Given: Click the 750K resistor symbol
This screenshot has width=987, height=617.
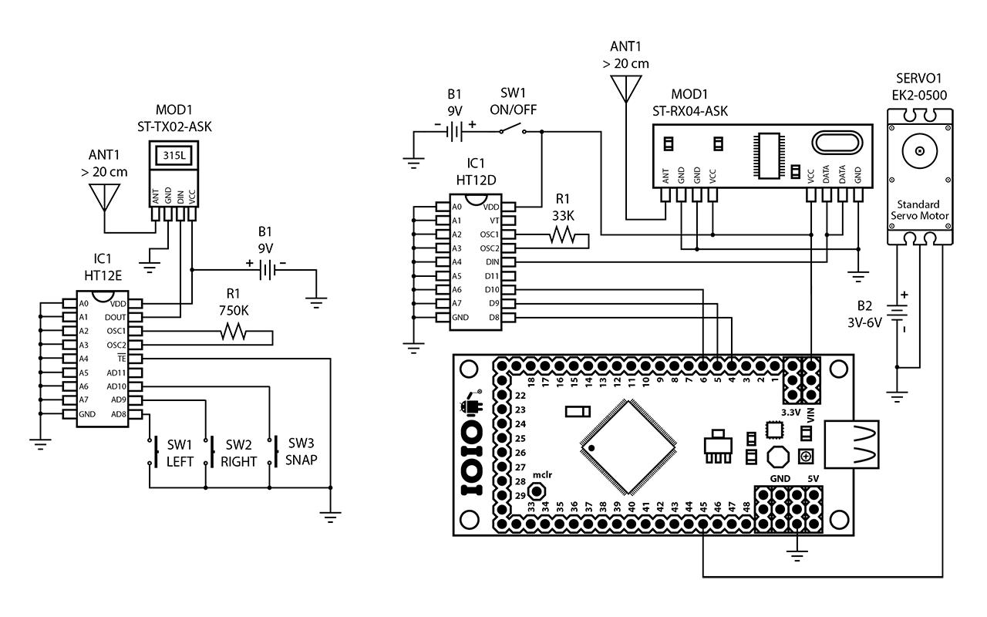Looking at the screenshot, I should pos(233,332).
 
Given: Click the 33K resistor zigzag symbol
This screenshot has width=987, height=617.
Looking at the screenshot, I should pos(564,236).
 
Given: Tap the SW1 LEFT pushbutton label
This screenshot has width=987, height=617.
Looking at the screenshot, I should pos(179,453).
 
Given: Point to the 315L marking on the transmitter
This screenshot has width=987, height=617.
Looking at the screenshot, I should pos(173,156).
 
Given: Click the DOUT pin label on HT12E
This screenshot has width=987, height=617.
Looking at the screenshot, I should pos(116,317).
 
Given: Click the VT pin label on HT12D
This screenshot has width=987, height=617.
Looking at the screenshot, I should pos(493,221).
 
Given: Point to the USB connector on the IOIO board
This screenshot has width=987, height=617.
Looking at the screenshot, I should pos(852,445).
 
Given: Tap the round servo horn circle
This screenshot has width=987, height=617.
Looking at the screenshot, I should pos(920,152).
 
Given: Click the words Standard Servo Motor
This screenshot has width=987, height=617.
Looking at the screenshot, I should pos(920,210).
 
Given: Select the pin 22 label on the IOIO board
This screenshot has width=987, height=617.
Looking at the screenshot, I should pos(520,396).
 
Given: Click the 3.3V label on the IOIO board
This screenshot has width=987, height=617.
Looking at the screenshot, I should pos(790,413).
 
